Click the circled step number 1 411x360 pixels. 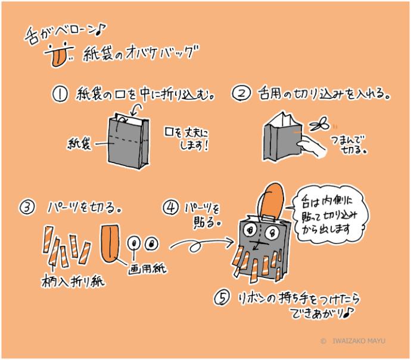pos(60,94)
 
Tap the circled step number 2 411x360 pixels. pos(241,93)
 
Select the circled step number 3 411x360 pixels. pos(27,208)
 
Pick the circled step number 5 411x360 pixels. pos(222,298)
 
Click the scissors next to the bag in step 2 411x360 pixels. pos(319,124)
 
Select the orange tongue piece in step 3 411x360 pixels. pos(110,243)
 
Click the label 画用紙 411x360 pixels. pos(147,268)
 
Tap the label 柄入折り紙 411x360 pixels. pos(73,281)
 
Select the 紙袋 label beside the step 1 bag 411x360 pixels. pos(79,144)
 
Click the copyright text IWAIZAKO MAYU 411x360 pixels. pos(359,340)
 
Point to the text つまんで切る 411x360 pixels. pos(348,145)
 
